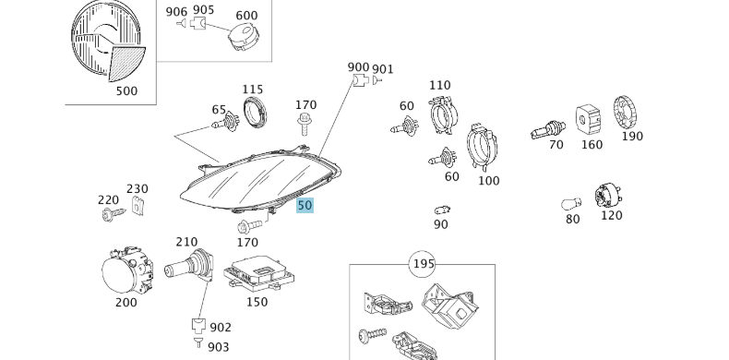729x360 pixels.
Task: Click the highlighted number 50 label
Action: [305, 206]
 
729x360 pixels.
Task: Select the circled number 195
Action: [422, 265]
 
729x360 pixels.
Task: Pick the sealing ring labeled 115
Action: [254, 114]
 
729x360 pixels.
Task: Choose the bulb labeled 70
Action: [546, 129]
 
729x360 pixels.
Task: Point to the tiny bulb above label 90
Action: [442, 210]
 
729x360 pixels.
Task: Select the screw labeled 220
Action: [112, 214]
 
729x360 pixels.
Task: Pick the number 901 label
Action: [383, 68]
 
